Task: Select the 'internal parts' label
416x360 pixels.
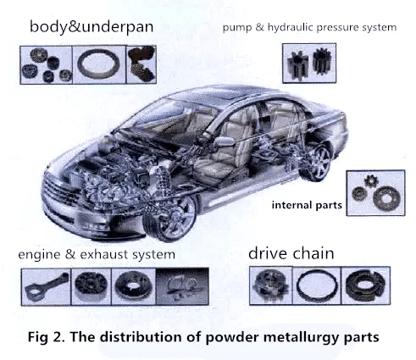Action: click(x=308, y=205)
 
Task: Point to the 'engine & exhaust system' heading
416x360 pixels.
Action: click(x=97, y=254)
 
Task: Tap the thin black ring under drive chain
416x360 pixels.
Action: click(x=317, y=287)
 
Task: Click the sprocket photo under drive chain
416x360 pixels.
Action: click(x=270, y=287)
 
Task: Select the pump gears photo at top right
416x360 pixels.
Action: click(x=308, y=63)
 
